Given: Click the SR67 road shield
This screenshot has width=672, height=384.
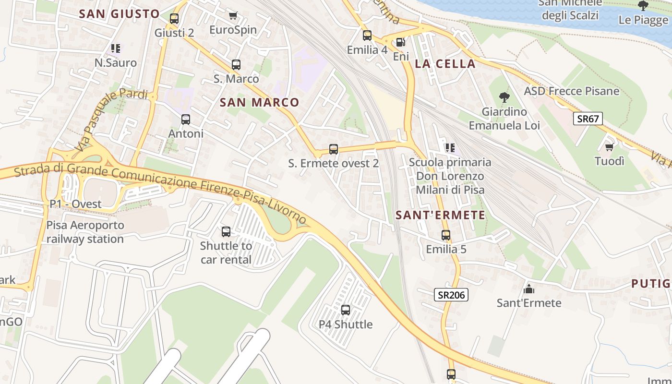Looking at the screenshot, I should (x=588, y=119).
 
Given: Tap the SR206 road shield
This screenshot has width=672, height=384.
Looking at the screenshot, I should (x=451, y=295).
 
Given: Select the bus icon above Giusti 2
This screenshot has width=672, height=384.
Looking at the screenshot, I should (x=174, y=19).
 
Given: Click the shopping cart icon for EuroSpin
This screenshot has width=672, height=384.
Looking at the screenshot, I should (x=233, y=16).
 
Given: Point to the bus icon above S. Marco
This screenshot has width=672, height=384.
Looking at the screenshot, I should (x=236, y=64).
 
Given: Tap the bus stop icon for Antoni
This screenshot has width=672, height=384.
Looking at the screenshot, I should (x=186, y=119).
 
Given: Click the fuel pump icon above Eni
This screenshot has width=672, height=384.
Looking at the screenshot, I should (x=401, y=42).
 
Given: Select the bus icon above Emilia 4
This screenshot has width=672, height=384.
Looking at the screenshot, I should (x=367, y=35).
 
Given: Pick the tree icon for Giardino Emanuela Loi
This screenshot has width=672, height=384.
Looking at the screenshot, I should (x=504, y=97).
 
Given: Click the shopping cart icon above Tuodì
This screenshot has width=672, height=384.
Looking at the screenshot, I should (x=610, y=147).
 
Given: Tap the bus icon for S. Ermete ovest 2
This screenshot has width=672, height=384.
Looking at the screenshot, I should (x=334, y=149).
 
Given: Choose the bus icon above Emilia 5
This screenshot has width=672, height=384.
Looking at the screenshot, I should (x=446, y=235).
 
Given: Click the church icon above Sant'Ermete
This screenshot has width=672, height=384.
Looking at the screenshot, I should (x=529, y=288).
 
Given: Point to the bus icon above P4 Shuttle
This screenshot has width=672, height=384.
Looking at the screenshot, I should (x=346, y=310).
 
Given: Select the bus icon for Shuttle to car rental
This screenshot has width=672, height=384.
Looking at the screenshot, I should (x=226, y=232).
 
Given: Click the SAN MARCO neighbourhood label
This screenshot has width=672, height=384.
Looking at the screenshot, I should (x=259, y=102).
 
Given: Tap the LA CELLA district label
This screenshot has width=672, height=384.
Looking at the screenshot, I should (x=445, y=64).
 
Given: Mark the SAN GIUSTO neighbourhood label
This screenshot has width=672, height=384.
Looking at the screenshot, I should (x=119, y=14).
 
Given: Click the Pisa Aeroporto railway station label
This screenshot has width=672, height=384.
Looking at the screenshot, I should (x=85, y=232).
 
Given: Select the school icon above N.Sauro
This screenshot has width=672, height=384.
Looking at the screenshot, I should (x=116, y=48).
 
